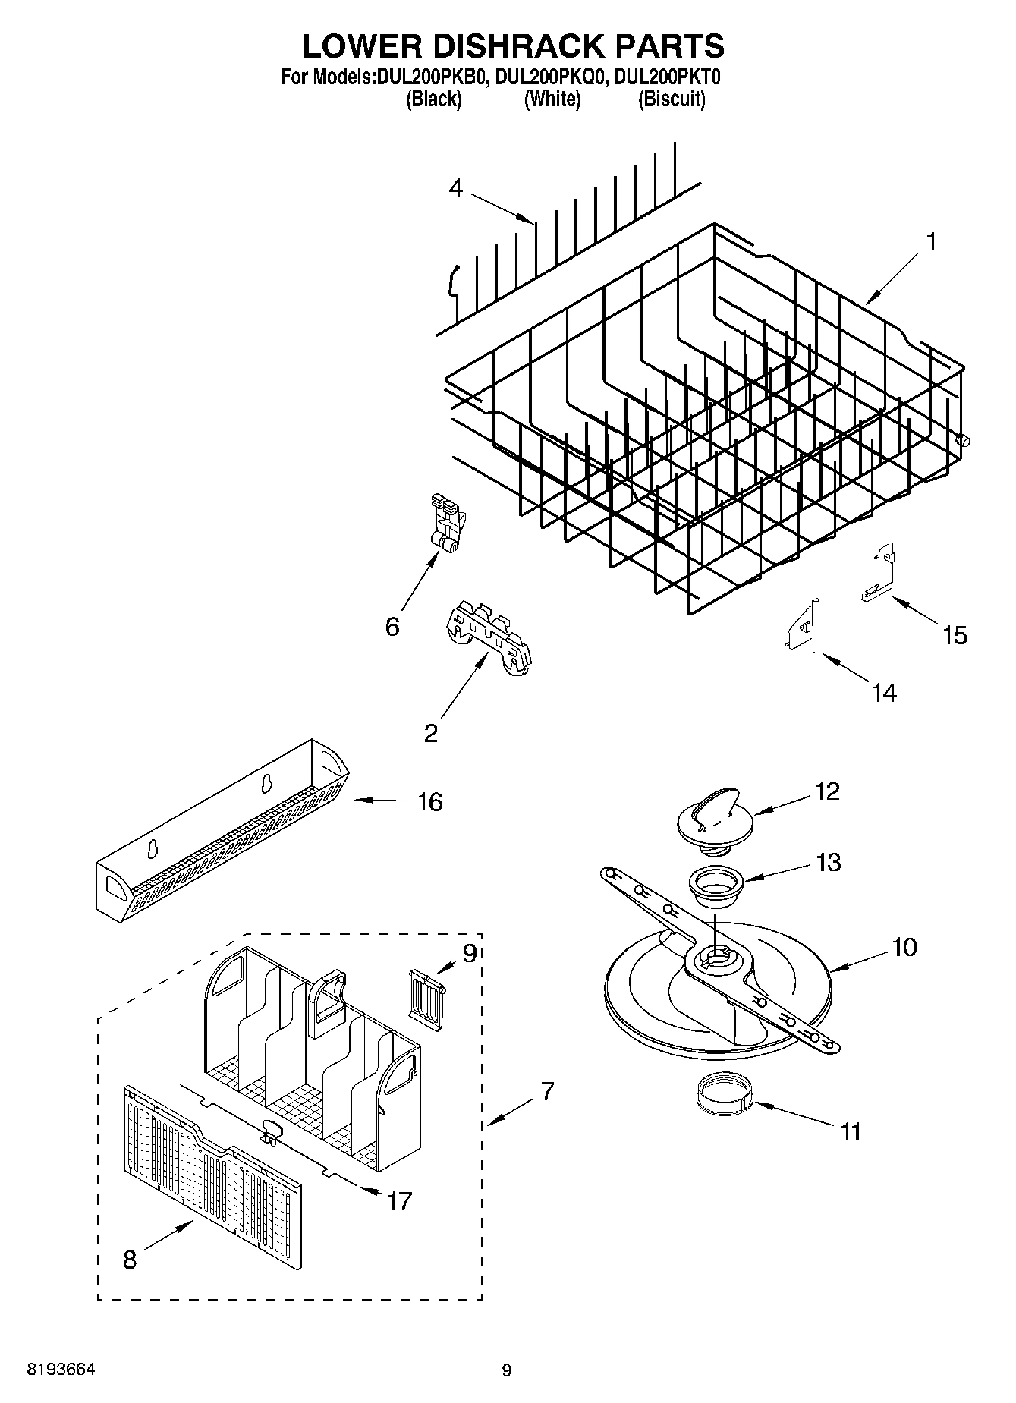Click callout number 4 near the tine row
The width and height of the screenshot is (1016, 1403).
click(x=455, y=187)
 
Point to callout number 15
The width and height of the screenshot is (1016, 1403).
click(x=955, y=635)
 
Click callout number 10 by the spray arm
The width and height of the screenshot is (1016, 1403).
click(x=904, y=947)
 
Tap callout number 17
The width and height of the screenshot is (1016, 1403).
click(x=399, y=1201)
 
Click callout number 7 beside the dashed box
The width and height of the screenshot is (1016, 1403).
click(x=547, y=1092)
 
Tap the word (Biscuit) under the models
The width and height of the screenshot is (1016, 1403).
click(x=672, y=99)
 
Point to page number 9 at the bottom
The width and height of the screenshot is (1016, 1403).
click(x=507, y=1370)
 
